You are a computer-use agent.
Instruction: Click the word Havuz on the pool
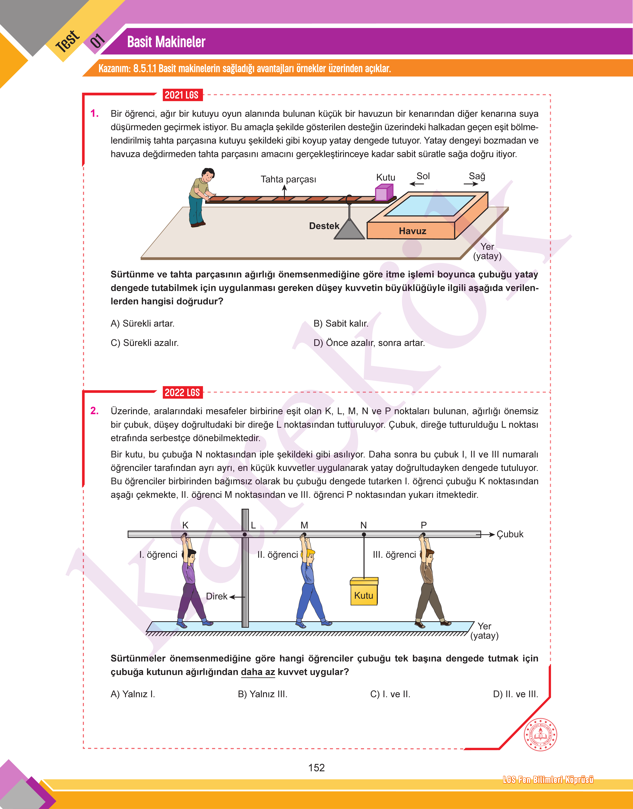pos(413,231)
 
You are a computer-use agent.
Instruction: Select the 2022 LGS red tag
pos(182,392)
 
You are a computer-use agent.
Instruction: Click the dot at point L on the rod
pos(245,534)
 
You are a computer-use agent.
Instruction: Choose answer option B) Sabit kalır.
pos(341,323)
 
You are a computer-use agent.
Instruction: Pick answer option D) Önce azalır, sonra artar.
pos(369,343)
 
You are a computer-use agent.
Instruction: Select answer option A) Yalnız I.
pos(133,694)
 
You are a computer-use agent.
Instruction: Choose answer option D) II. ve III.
pos(516,694)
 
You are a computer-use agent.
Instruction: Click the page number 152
pos(316,767)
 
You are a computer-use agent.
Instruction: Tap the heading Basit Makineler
pos(166,42)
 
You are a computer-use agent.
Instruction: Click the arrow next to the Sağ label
pos(471,184)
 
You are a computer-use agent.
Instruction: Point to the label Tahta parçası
pos(288,179)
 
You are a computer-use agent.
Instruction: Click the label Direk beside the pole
pos(216,596)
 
